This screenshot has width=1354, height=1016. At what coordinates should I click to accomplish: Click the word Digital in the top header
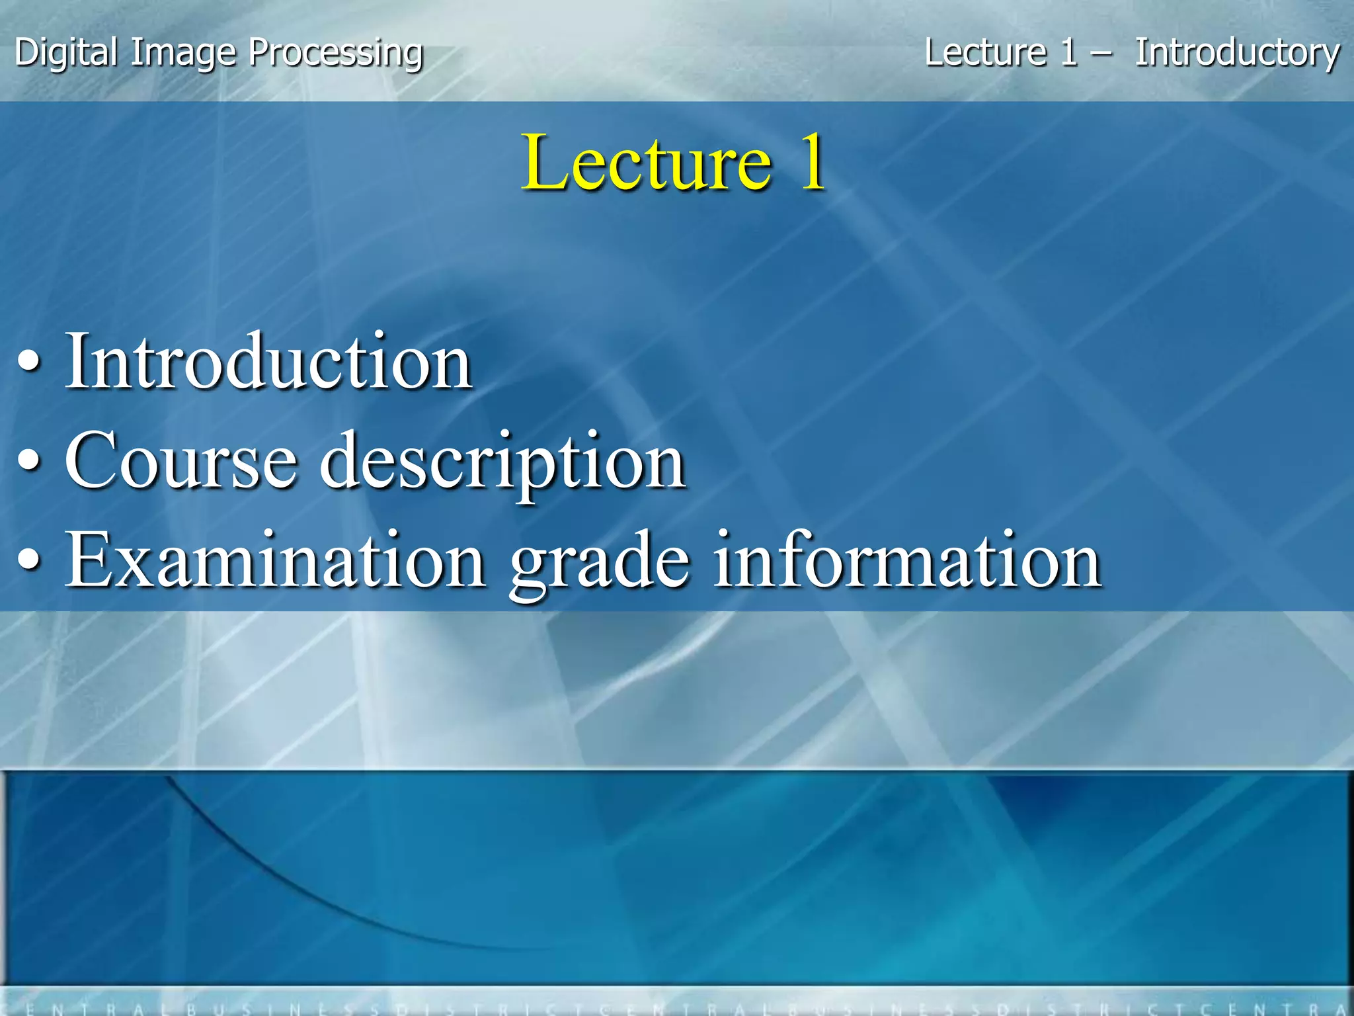coord(66,53)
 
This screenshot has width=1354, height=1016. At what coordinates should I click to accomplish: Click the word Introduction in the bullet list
coord(268,362)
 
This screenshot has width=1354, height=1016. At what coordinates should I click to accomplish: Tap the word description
coord(502,463)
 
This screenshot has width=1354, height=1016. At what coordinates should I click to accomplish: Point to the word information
coord(906,561)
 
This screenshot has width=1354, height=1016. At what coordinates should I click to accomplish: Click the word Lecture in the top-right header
coord(985,53)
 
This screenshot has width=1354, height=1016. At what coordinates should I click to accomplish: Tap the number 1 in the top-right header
coord(1068,53)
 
